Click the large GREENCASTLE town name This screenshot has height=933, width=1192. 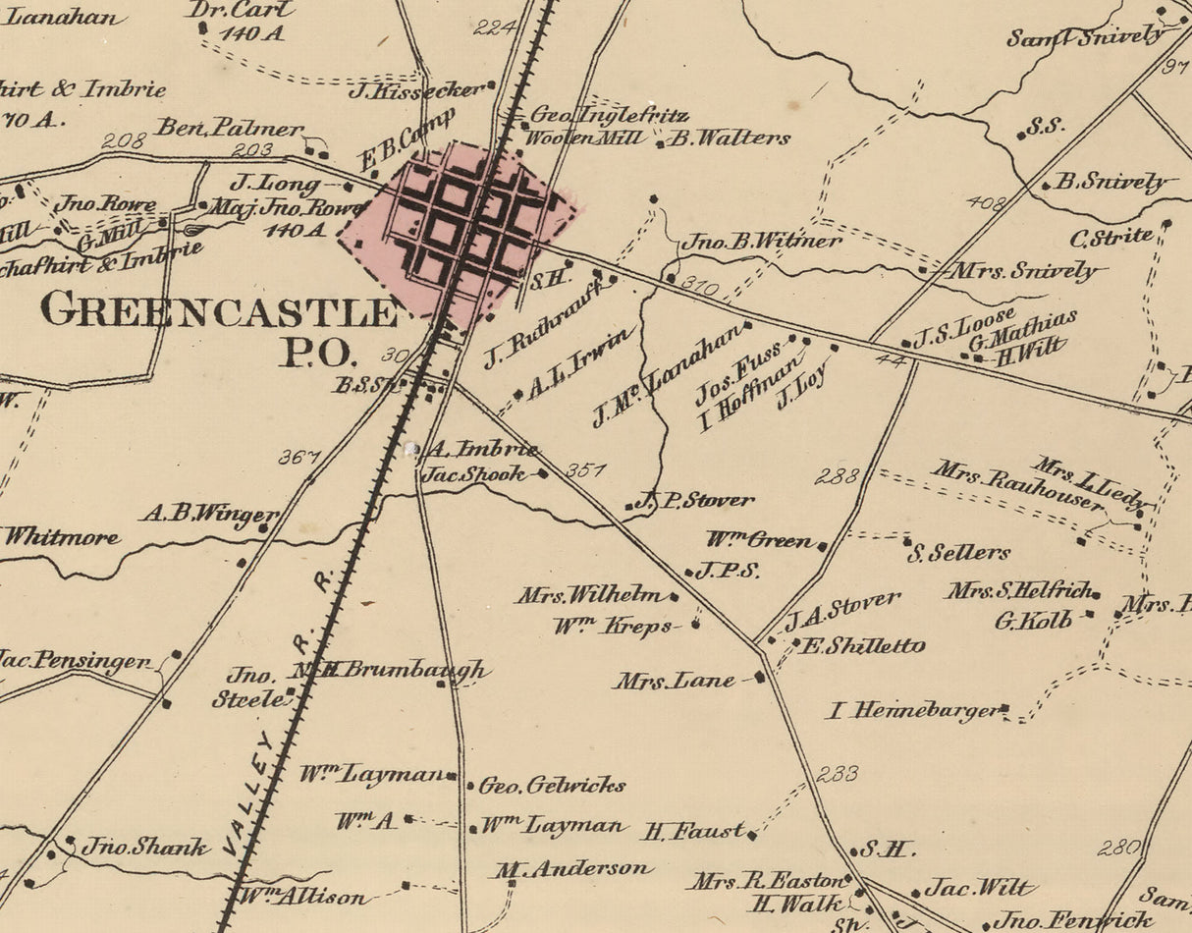pyautogui.click(x=218, y=309)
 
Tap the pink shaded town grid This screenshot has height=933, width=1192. pyautogui.click(x=460, y=230)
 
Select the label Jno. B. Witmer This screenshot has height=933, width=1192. pyautogui.click(x=762, y=241)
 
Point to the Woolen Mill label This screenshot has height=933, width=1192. pyautogui.click(x=573, y=138)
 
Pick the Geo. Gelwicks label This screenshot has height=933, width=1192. pyautogui.click(x=552, y=786)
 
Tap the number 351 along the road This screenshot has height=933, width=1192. pyautogui.click(x=585, y=470)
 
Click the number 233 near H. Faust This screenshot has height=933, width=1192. pyautogui.click(x=837, y=774)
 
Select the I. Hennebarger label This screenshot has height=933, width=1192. pyautogui.click(x=913, y=710)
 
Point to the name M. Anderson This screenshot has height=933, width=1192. pyautogui.click(x=573, y=868)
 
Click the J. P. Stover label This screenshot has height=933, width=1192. pyautogui.click(x=695, y=500)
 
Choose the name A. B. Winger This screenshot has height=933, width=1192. pyautogui.click(x=208, y=513)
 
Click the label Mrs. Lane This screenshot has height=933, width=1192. pyautogui.click(x=675, y=681)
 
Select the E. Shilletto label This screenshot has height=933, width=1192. pyautogui.click(x=863, y=646)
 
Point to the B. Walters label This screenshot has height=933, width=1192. pyautogui.click(x=730, y=138)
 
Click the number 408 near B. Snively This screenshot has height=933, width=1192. pyautogui.click(x=986, y=203)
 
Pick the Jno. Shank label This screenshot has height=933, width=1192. pyautogui.click(x=144, y=847)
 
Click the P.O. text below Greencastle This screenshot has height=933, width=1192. pyautogui.click(x=315, y=353)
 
